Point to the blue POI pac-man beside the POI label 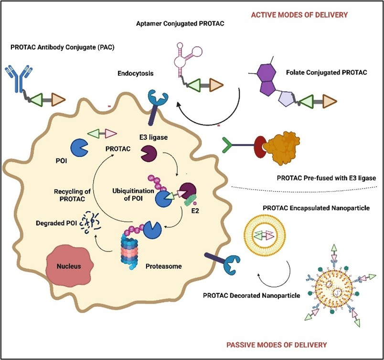click(77, 148)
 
